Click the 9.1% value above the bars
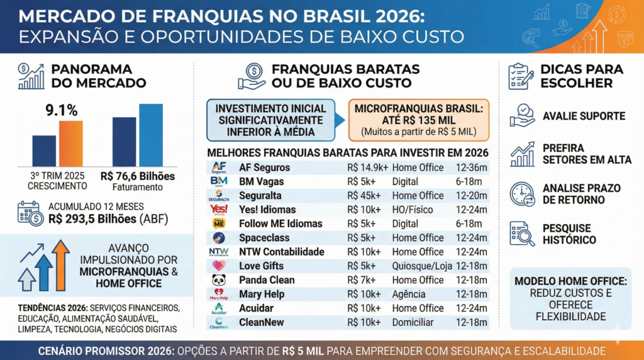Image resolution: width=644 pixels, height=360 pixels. pyautogui.click(x=61, y=111)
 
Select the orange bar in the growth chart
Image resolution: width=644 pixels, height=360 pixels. pyautogui.click(x=70, y=143)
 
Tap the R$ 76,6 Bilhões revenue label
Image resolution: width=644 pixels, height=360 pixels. pyautogui.click(x=138, y=176)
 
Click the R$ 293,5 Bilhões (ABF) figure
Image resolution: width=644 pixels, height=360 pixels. pyautogui.click(x=113, y=218)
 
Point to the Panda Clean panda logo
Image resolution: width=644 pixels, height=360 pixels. pyautogui.click(x=219, y=280)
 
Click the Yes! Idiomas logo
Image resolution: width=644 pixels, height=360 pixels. pyautogui.click(x=219, y=209)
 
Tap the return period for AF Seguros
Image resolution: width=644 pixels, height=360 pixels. pyautogui.click(x=472, y=167)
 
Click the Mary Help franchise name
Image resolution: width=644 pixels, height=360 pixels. pyautogui.click(x=261, y=294)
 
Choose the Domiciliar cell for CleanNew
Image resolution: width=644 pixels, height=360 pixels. pyautogui.click(x=414, y=322)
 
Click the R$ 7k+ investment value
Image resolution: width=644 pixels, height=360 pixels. pyautogui.click(x=361, y=280)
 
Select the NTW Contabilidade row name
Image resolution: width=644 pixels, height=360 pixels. pyautogui.click(x=281, y=252)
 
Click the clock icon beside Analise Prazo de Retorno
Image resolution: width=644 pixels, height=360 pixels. pyautogui.click(x=522, y=194)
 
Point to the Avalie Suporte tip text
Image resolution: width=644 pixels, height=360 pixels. pyautogui.click(x=584, y=116)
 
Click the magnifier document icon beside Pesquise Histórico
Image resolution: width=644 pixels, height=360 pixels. pyautogui.click(x=522, y=233)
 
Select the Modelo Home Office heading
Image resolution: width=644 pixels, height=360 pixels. pyautogui.click(x=570, y=281)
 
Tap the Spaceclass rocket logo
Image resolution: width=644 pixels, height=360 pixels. pyautogui.click(x=219, y=238)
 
